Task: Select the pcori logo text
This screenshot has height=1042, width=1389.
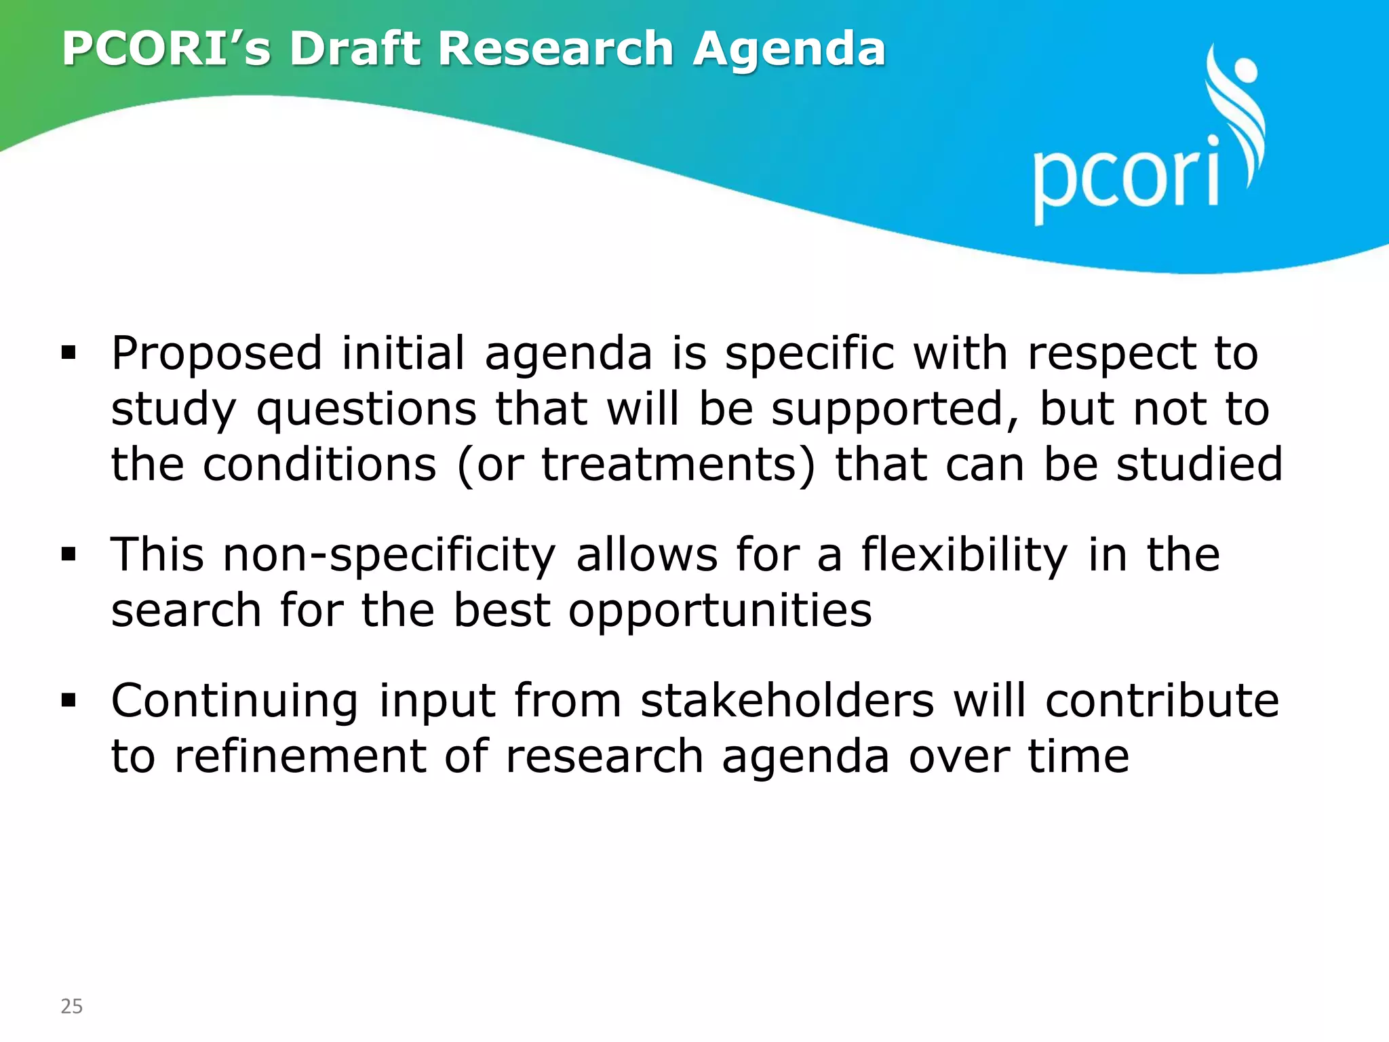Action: coord(1127,178)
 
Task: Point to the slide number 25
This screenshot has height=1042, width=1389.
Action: coord(72,1006)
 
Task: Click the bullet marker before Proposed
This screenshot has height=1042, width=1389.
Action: coord(69,353)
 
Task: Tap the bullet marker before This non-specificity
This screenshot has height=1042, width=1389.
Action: coord(69,554)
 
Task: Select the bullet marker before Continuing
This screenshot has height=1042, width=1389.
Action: coord(69,700)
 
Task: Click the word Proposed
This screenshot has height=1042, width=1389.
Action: coord(216,354)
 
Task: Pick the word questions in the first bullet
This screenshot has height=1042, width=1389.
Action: coord(366,410)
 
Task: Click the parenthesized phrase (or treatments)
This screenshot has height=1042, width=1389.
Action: coord(636,465)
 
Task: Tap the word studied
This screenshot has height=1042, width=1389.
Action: coord(1199,465)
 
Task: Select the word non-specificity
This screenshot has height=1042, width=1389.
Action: coord(389,556)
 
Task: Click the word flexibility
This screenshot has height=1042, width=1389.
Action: coord(964,556)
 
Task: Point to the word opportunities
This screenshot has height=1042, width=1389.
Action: coord(720,611)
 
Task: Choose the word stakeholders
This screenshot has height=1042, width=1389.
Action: coord(787,701)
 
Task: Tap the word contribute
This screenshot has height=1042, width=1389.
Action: coord(1162,701)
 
